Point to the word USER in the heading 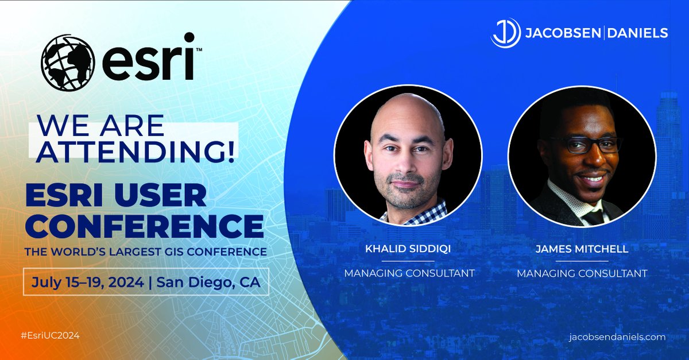(172, 196)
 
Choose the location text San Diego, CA (209, 282)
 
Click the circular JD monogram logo (506, 33)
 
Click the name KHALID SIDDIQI (409, 250)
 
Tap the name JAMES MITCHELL (582, 250)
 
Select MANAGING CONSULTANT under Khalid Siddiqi (409, 273)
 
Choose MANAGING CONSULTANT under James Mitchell (582, 273)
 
